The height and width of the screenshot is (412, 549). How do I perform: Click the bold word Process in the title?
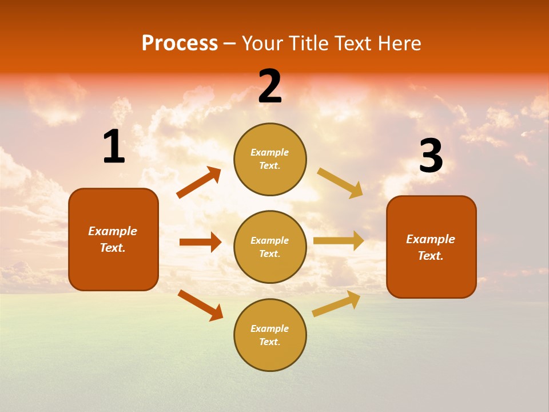[x=180, y=43]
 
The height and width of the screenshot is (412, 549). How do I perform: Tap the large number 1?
[x=114, y=147]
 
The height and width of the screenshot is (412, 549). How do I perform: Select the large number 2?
[x=270, y=86]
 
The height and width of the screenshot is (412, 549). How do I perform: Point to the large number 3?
[x=431, y=156]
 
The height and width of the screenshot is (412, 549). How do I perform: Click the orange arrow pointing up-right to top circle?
[x=199, y=183]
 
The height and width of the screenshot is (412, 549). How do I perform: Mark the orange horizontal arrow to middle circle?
[x=200, y=242]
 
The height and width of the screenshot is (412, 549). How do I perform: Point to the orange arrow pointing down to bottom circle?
[x=200, y=305]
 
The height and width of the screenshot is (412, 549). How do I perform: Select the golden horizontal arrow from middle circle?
[x=339, y=241]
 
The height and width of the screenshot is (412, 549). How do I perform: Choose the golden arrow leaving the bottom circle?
[x=336, y=303]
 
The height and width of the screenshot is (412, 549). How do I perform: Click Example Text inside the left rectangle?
[x=113, y=239]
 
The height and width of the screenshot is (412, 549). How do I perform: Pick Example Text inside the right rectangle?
[x=431, y=247]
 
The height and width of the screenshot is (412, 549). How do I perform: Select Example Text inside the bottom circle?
[x=270, y=335]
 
